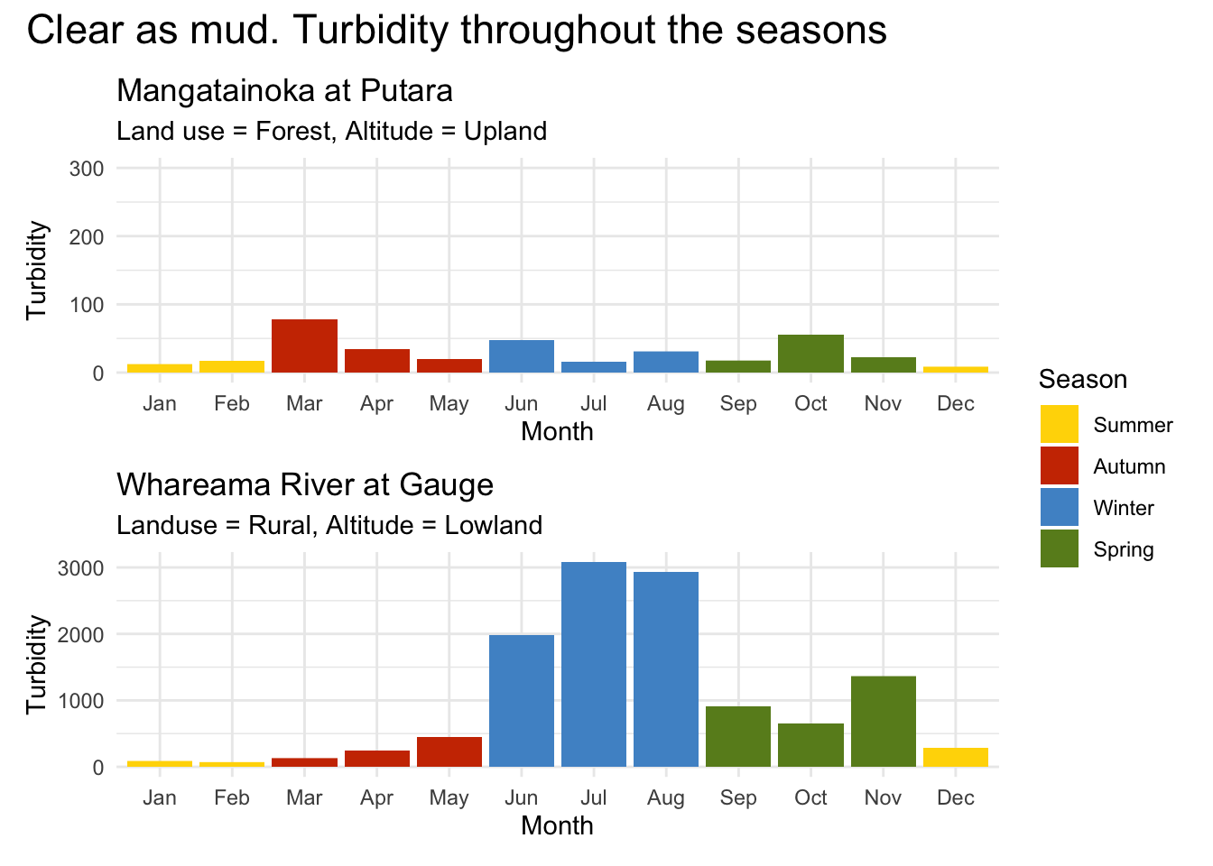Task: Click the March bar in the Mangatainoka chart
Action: [304, 346]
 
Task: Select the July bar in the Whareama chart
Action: [594, 664]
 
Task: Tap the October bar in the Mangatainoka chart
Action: [810, 354]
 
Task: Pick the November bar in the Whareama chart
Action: [883, 721]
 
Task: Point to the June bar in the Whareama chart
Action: [522, 701]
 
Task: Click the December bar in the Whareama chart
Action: [956, 758]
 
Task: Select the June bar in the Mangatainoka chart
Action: [522, 356]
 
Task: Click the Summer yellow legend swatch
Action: [1059, 425]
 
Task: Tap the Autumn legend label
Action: [1129, 466]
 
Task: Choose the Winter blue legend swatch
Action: [1059, 508]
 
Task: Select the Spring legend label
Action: [1123, 549]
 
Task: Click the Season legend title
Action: [1082, 379]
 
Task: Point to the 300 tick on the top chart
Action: [87, 169]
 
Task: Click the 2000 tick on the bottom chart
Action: [81, 635]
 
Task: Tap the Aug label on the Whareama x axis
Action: [666, 798]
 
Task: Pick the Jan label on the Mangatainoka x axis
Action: [160, 404]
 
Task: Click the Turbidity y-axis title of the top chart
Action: [36, 271]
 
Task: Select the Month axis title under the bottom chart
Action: [557, 825]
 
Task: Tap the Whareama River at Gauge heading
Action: [305, 485]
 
